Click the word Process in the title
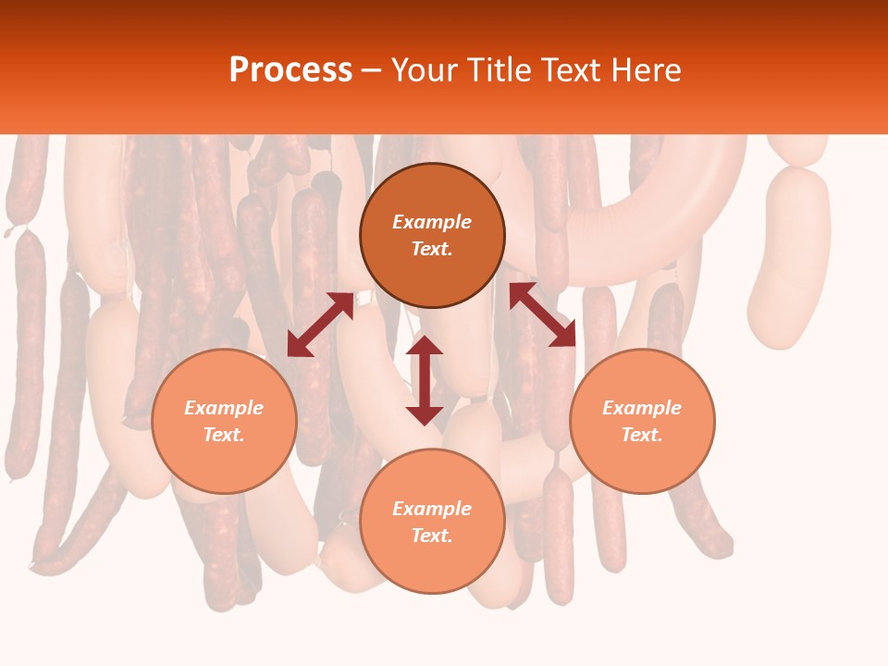point(290,70)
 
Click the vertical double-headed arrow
point(425,380)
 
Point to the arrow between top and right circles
point(542,314)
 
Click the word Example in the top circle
point(432,222)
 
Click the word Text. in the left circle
point(224,435)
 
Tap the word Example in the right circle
point(642,408)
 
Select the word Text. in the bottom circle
point(432,536)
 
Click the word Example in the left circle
point(224,408)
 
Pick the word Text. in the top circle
point(432,249)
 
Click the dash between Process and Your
point(371,71)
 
